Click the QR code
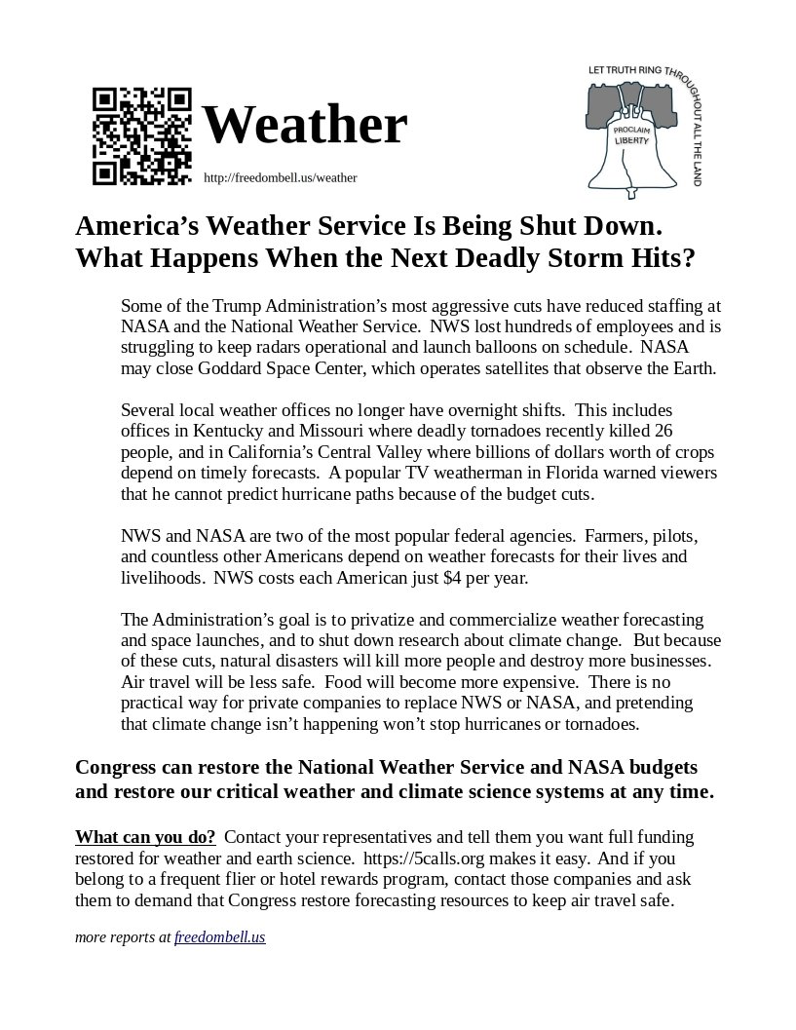pos(141,136)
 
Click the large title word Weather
pos(304,125)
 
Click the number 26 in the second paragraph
pos(663,430)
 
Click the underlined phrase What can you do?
pos(145,838)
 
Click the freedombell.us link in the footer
pos(219,937)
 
